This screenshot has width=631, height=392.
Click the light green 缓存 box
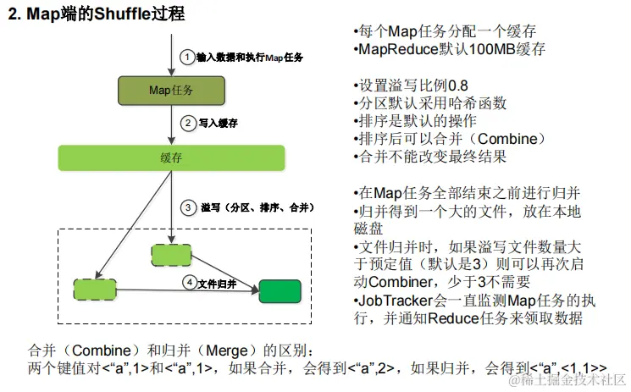tap(171, 157)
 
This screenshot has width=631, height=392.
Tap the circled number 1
tap(187, 58)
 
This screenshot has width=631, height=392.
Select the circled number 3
tap(187, 207)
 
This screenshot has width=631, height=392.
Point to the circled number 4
tap(190, 284)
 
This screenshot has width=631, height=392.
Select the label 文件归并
tap(219, 284)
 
